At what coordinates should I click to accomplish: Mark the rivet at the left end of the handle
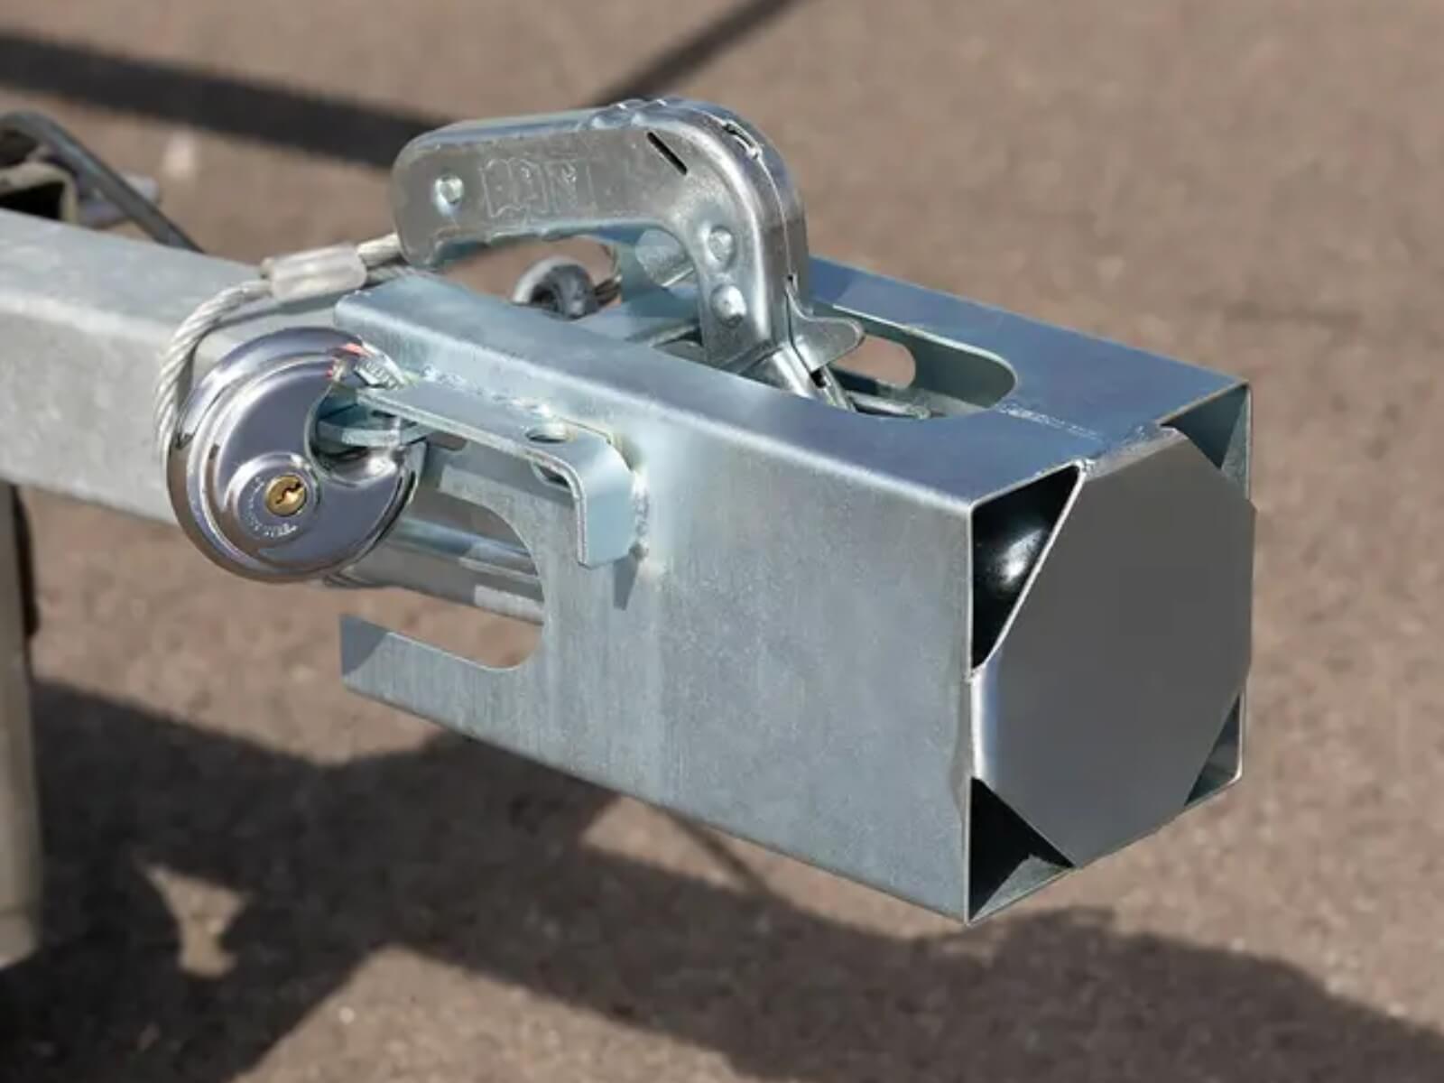pos(449,189)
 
